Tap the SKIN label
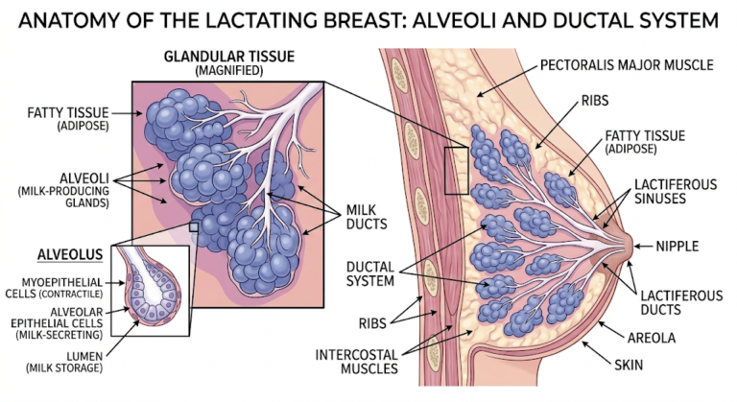click(630, 366)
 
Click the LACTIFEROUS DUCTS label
click(677, 302)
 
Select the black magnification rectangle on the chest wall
click(457, 171)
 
